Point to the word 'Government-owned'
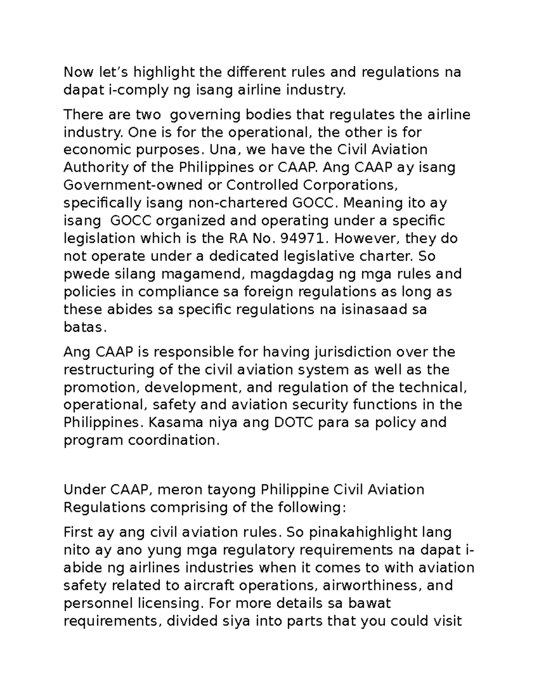[x=133, y=185]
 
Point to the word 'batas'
[x=84, y=328]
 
